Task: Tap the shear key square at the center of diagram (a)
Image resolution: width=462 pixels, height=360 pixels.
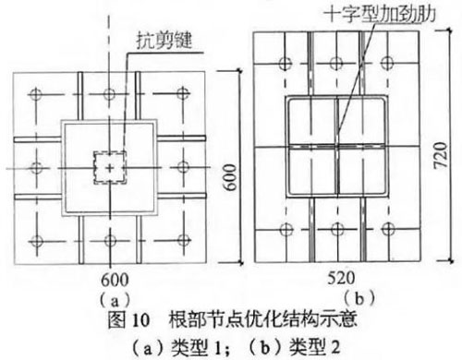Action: coord(110,167)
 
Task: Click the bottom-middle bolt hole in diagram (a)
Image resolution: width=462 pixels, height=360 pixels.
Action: coord(110,240)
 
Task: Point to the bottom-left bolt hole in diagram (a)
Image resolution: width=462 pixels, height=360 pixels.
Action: coord(37,240)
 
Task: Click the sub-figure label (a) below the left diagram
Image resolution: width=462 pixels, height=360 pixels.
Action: coord(110,299)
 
